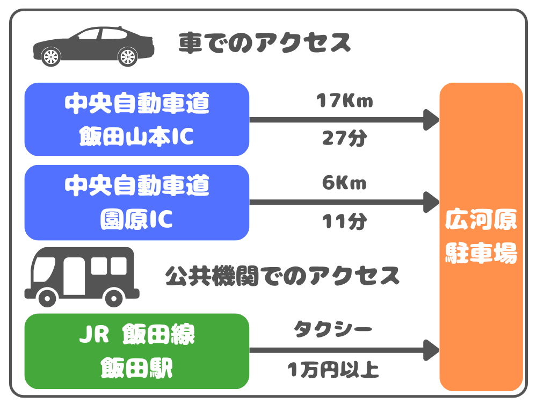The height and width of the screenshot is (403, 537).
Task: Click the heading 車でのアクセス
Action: [x=265, y=43]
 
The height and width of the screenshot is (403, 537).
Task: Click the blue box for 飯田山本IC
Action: [x=137, y=119]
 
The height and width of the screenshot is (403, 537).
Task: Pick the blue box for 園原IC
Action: [x=137, y=202]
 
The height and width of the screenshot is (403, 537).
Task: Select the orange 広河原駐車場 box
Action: [x=481, y=236]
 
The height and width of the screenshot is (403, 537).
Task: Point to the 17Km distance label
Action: [x=344, y=100]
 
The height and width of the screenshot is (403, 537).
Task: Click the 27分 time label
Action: [x=344, y=138]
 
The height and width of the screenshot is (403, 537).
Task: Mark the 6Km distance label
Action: [x=344, y=183]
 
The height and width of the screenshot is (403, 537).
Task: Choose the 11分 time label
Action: [x=344, y=221]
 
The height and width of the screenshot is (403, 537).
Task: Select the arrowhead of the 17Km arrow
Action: [x=432, y=119]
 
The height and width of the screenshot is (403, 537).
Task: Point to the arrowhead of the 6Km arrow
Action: [x=432, y=202]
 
